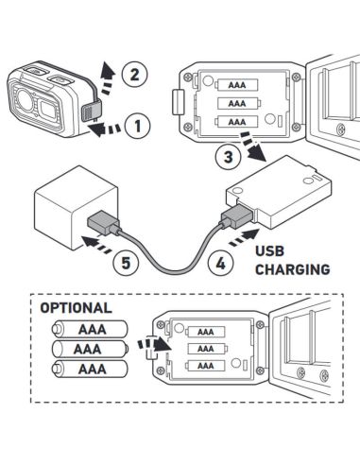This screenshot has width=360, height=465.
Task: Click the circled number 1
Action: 138,123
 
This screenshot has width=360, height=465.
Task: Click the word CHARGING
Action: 293,268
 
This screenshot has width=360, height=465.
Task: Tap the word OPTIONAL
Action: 76,308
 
